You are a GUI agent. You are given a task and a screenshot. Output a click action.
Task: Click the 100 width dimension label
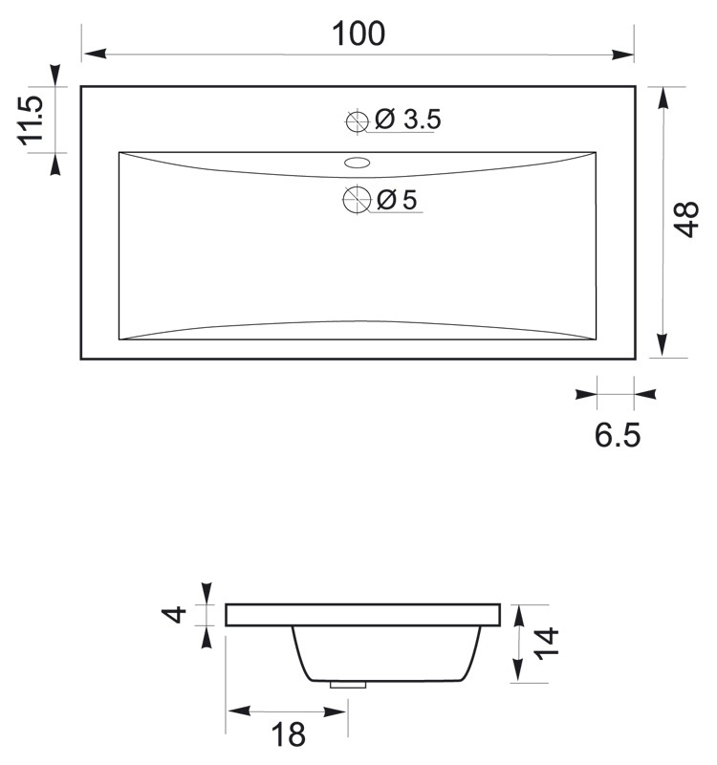tap(358, 33)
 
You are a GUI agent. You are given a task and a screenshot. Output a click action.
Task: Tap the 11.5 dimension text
tap(31, 120)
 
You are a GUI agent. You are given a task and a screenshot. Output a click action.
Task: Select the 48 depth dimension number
tap(685, 219)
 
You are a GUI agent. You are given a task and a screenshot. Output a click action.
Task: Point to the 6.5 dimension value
tap(617, 435)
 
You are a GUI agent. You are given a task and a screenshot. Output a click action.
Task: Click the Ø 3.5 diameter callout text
tap(408, 120)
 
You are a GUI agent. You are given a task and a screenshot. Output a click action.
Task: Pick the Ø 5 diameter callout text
tap(397, 200)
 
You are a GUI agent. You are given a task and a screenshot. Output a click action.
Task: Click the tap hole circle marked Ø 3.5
tap(357, 121)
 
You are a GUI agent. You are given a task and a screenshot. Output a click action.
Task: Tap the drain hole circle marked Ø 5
tap(357, 200)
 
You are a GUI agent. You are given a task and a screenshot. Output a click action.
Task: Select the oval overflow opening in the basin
tap(357, 163)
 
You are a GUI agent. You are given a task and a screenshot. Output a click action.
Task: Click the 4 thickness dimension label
tap(174, 614)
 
